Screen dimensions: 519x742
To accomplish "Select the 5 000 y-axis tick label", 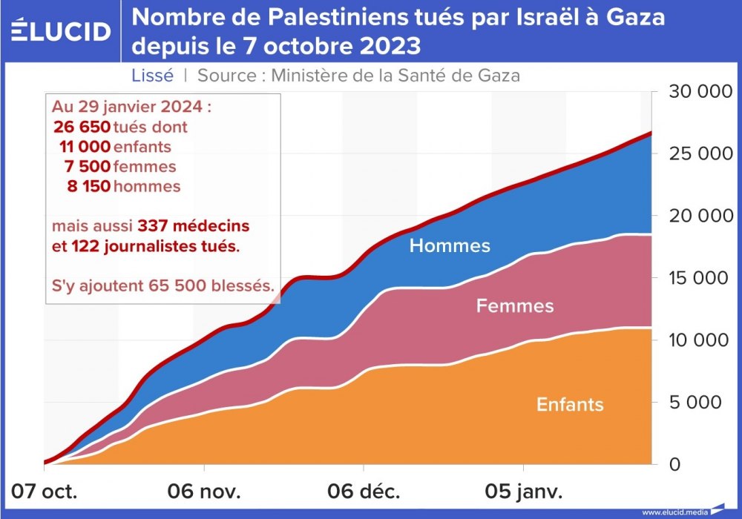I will point(695,403).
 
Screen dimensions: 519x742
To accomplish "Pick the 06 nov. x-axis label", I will point(204,491).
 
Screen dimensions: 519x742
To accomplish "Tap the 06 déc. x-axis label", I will point(364,491).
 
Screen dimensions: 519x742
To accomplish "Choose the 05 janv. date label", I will point(524,491).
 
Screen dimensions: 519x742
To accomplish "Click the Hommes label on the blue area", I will point(450,245).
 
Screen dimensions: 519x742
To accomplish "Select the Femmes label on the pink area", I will point(515,305).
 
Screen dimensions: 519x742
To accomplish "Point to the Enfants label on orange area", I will point(570,404).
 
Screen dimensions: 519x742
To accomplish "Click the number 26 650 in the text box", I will point(82,127).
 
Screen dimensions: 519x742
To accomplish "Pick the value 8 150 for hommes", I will point(88,185).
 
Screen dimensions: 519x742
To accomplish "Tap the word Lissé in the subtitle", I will point(152,75).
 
